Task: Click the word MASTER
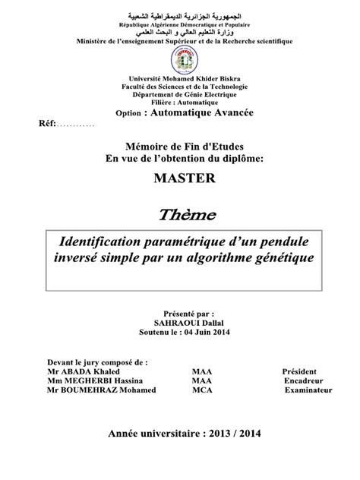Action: pyautogui.click(x=179, y=178)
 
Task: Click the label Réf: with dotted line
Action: pyautogui.click(x=61, y=124)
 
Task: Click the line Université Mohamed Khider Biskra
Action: pyautogui.click(x=179, y=79)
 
